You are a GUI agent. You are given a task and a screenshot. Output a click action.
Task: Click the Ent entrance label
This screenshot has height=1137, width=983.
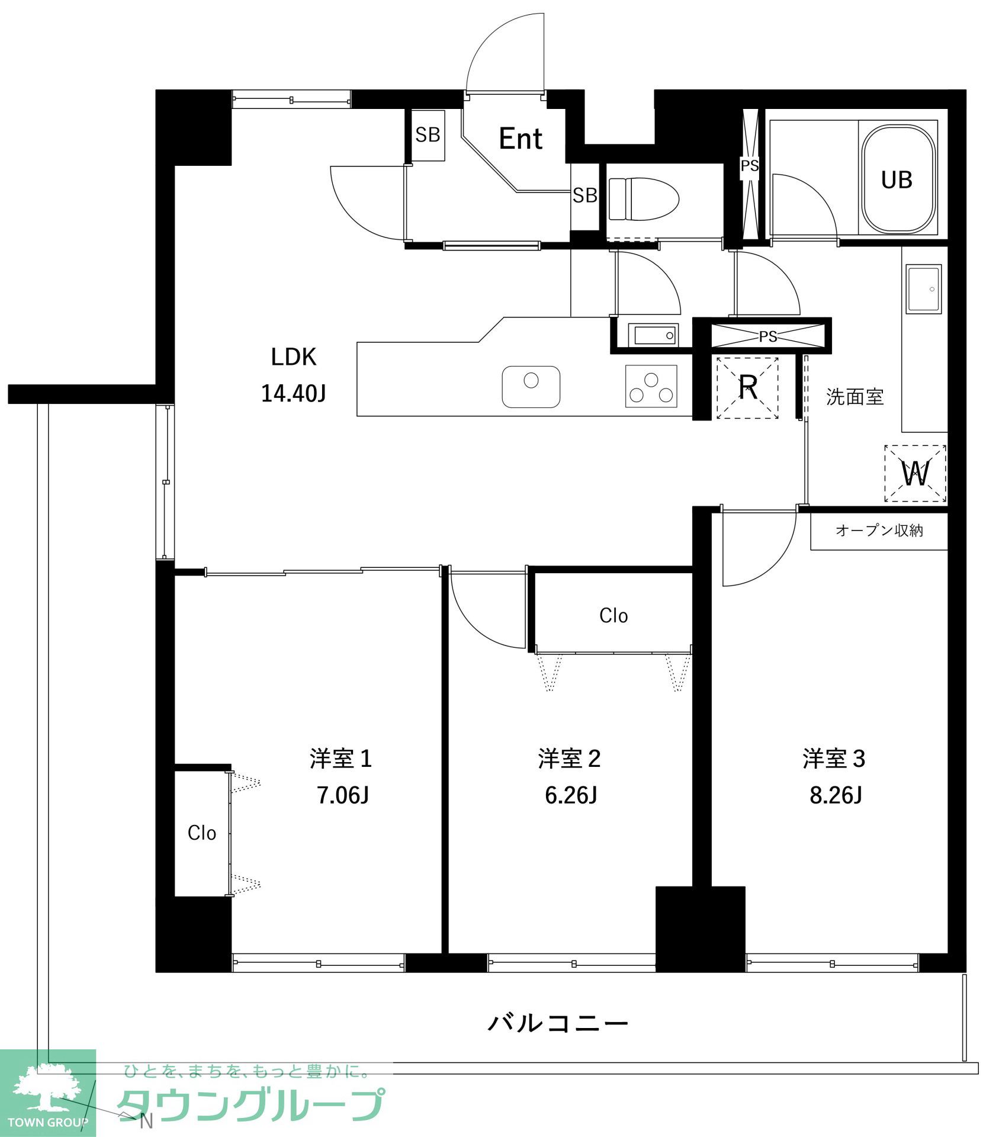[x=521, y=139]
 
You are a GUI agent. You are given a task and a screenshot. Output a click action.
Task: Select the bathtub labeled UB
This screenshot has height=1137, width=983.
[x=898, y=179]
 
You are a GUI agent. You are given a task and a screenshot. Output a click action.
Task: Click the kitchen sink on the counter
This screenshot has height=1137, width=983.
[x=531, y=387]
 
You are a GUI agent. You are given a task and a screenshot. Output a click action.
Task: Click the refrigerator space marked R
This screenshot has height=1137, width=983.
[x=747, y=388]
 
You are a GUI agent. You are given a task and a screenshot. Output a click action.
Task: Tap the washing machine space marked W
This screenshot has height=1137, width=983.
[x=915, y=474]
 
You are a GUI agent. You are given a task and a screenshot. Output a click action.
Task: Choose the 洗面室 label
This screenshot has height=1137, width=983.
[x=855, y=397]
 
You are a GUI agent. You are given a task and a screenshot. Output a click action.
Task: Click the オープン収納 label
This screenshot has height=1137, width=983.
[x=879, y=531]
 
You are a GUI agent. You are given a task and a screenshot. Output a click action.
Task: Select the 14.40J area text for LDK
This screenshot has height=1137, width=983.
[x=294, y=394]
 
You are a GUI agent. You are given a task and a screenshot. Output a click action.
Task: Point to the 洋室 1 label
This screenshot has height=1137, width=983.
[x=340, y=759]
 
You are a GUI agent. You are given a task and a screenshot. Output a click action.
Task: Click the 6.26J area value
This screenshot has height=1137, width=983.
[x=571, y=795]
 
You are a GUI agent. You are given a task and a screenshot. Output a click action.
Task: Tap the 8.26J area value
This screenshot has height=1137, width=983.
[x=836, y=795]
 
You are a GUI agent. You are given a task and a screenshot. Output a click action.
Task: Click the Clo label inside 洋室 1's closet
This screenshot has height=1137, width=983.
[x=201, y=833]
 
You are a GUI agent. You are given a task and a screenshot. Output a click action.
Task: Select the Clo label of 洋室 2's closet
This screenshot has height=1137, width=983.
[x=613, y=616]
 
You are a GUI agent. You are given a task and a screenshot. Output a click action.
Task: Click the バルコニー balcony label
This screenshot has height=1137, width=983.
[x=558, y=1023]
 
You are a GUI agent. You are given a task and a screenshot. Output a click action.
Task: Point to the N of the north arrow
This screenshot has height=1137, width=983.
[x=146, y=1121]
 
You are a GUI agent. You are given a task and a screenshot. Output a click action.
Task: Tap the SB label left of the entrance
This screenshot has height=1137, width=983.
[x=428, y=136]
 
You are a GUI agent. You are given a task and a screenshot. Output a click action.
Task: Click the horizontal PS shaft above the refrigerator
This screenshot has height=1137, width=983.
[x=768, y=336]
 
